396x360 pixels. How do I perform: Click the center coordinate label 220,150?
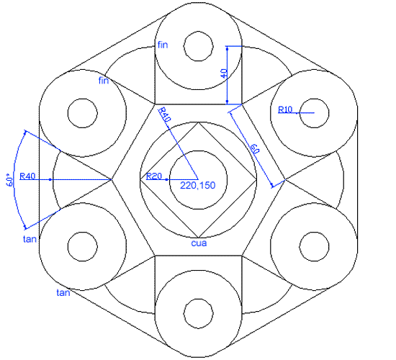point(198,186)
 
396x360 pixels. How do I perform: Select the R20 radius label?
point(154,176)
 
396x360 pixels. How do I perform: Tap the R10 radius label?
point(285,109)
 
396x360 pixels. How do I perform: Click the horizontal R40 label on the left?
point(27,176)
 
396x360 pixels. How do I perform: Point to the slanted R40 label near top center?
point(163,114)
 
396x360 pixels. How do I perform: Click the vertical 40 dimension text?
point(223,73)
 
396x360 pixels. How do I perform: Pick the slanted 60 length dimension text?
point(255,148)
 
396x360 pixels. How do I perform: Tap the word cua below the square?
point(199,243)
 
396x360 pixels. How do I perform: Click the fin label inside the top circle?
point(163,45)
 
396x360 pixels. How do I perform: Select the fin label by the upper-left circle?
point(104,81)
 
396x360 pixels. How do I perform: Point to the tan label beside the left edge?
point(30,239)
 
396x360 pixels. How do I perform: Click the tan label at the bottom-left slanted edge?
point(63,293)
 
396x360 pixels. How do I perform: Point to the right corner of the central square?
point(256,179)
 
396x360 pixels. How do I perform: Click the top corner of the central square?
point(198,122)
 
